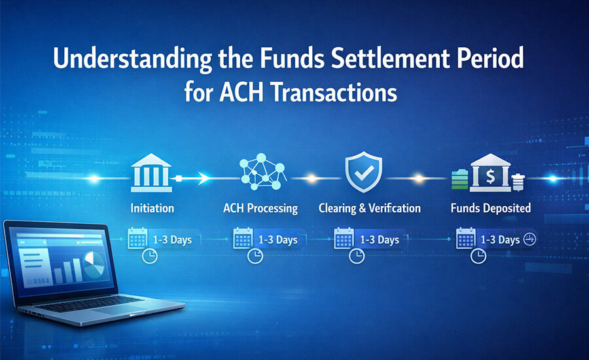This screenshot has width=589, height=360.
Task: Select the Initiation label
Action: pos(152,209)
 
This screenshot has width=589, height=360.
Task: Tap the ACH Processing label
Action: pos(260,209)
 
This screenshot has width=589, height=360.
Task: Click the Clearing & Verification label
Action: pos(369,209)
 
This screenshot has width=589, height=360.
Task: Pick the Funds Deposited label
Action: pos(491,209)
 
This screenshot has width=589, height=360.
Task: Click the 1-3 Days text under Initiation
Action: pos(172,240)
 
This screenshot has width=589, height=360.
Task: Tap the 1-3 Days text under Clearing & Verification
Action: pos(379,240)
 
